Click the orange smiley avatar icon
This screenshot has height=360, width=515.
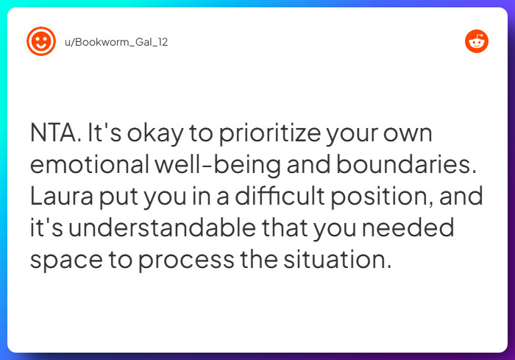(x=40, y=41)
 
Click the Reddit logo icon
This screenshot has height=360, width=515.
(x=477, y=41)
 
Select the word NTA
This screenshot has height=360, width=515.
(x=54, y=135)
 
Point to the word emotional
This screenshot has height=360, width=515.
(x=89, y=166)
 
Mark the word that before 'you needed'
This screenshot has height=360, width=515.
(x=283, y=229)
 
